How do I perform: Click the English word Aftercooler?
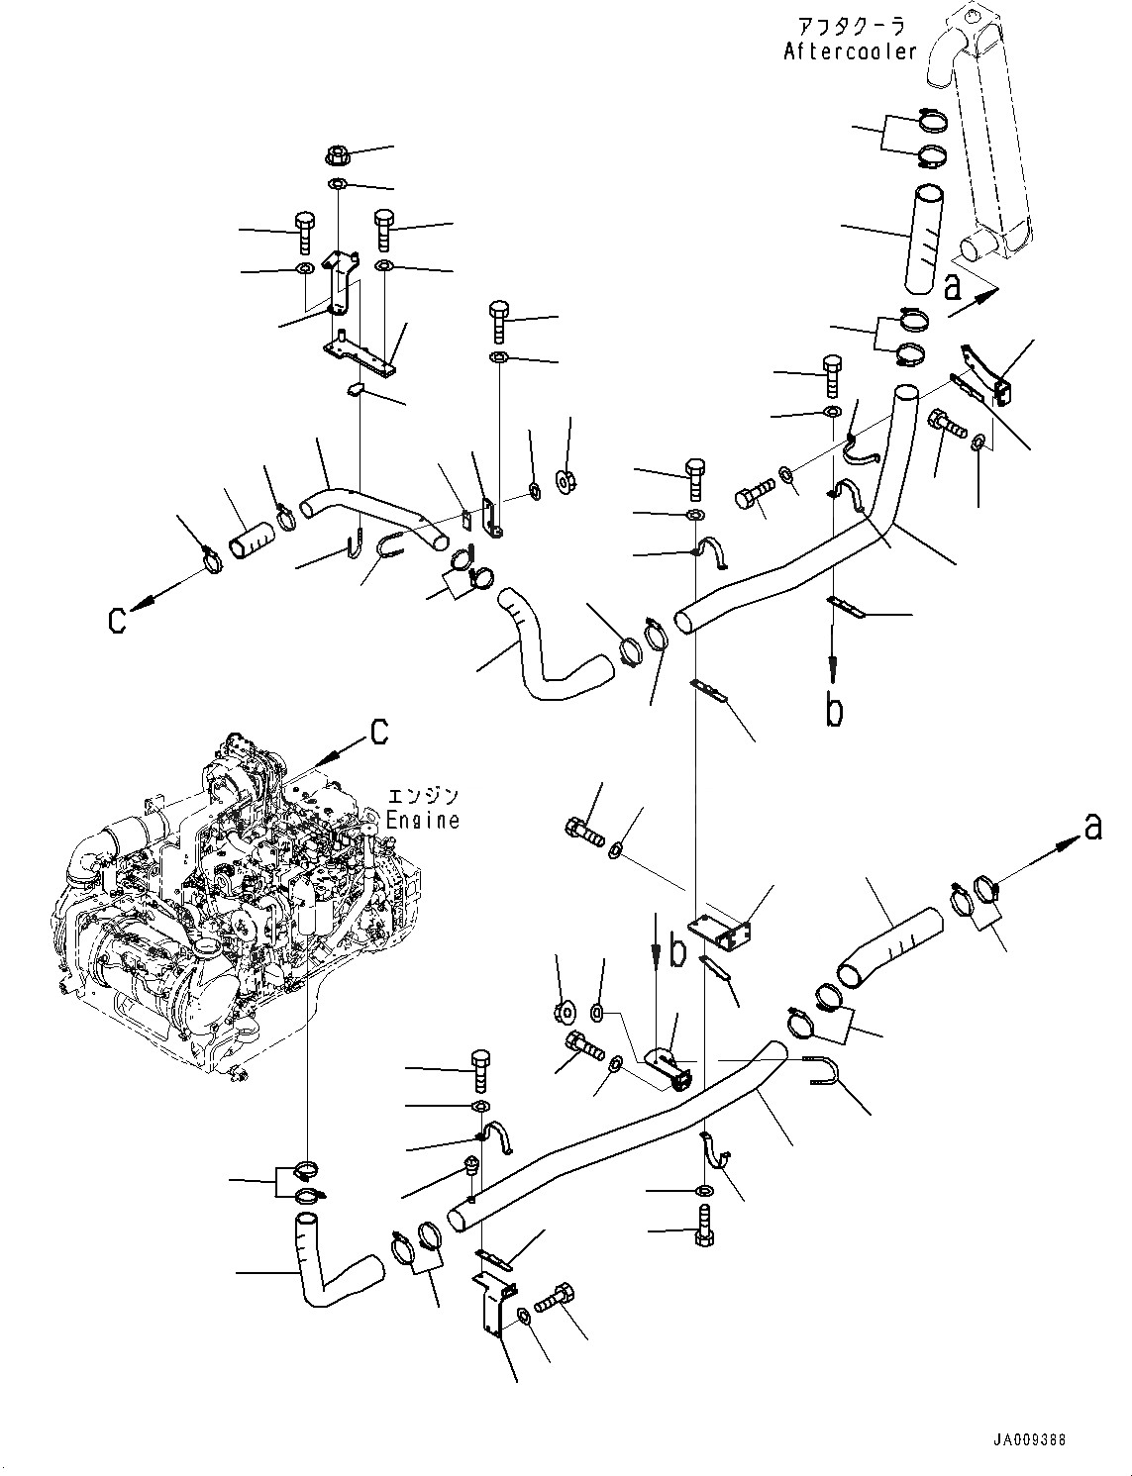click(x=850, y=52)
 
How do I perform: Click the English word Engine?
click(x=423, y=820)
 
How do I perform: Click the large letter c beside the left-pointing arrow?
click(x=118, y=621)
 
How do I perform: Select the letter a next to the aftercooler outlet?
click(x=953, y=286)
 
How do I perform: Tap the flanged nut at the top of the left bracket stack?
click(x=336, y=155)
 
